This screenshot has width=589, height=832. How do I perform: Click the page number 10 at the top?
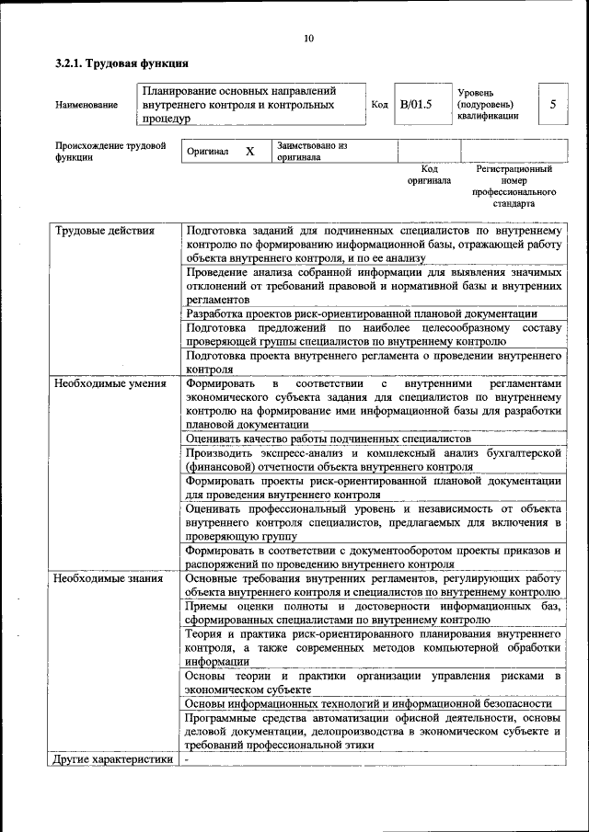click(308, 38)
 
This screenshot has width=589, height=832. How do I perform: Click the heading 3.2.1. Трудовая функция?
click(121, 63)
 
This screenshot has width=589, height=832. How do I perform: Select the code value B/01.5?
click(416, 104)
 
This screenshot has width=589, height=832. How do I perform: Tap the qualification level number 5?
click(553, 104)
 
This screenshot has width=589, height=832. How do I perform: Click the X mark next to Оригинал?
click(249, 151)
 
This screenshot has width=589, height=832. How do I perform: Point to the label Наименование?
click(87, 105)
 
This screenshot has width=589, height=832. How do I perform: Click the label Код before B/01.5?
click(379, 105)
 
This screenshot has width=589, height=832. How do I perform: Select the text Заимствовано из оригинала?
click(311, 151)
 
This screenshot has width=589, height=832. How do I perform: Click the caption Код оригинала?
click(429, 175)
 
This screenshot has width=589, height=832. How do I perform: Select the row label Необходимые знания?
click(109, 578)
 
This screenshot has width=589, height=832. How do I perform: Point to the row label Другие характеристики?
click(113, 759)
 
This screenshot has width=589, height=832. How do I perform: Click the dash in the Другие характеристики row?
click(187, 760)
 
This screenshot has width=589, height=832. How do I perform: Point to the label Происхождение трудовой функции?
click(110, 151)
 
